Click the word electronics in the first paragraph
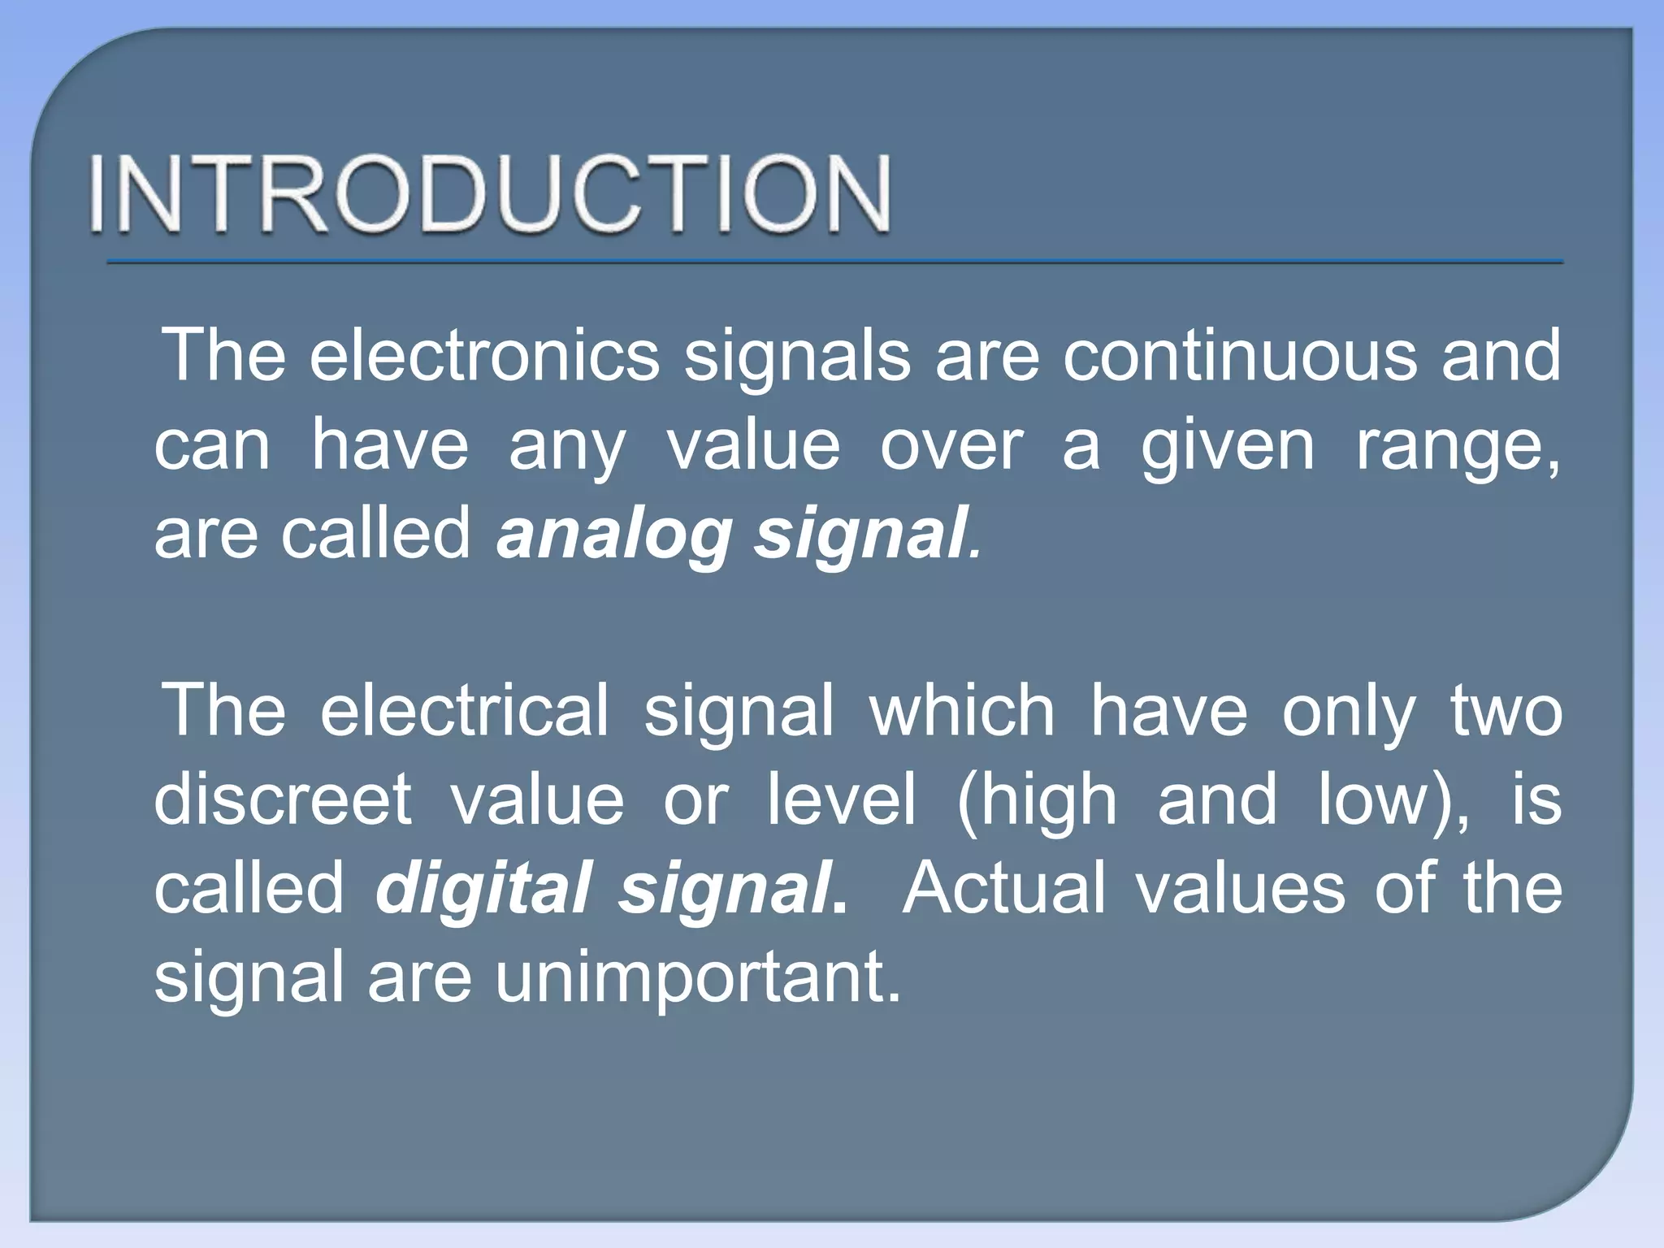484,355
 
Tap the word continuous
1240,355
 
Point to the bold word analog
613,535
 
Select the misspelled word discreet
283,799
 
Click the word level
842,799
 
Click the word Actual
1003,887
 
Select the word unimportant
698,977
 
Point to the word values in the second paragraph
1240,887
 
